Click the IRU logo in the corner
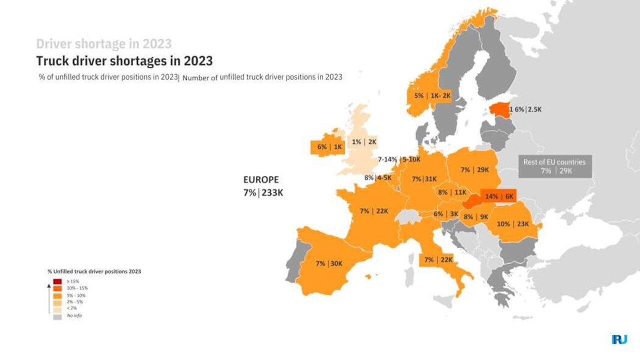(x=619, y=339)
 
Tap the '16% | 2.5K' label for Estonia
(x=525, y=109)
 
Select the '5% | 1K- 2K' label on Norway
(x=432, y=95)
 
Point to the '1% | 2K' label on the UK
(x=364, y=142)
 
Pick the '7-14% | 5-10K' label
(x=399, y=159)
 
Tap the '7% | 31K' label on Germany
(x=424, y=179)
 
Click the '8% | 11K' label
(x=452, y=192)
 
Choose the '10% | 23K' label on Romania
(x=513, y=224)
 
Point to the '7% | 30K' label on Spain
(x=329, y=263)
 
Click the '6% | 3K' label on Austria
(x=446, y=214)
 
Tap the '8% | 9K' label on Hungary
(x=475, y=217)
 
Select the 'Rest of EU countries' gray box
(x=554, y=166)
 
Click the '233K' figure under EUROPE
(x=272, y=192)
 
